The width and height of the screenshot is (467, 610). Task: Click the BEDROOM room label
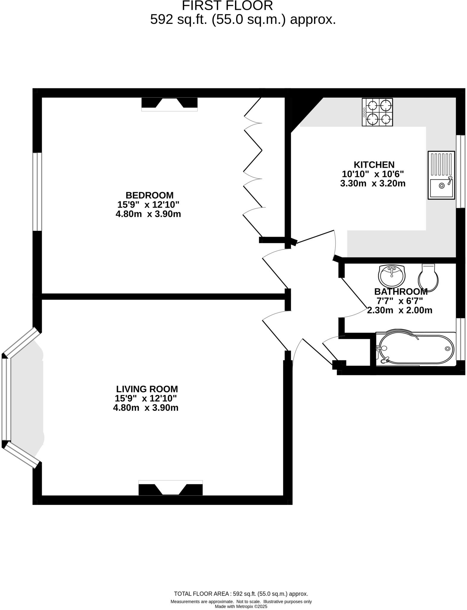click(x=149, y=195)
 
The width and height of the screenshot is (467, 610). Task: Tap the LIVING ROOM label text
click(x=147, y=389)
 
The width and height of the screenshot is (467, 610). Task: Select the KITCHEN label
click(x=374, y=165)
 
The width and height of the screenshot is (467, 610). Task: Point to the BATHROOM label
click(x=401, y=291)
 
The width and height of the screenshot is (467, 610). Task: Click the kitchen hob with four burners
click(x=377, y=112)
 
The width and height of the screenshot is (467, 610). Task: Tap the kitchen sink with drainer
click(x=441, y=175)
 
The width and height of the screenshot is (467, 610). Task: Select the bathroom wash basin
click(x=391, y=275)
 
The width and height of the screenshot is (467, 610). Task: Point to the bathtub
click(x=416, y=349)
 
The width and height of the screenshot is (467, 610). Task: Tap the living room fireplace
click(x=171, y=488)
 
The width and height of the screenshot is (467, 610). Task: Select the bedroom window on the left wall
click(x=37, y=192)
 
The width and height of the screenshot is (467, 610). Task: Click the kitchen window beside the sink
click(x=461, y=171)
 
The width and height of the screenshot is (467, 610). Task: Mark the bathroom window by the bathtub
click(x=461, y=339)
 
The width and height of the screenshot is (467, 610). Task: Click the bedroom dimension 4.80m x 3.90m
click(x=148, y=214)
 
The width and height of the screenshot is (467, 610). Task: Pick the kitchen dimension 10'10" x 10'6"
click(x=373, y=174)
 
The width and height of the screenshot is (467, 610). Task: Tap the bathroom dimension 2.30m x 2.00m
click(x=399, y=311)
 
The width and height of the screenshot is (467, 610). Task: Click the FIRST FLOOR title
click(x=227, y=6)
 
